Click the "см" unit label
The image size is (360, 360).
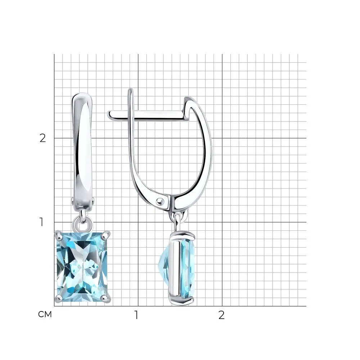tap(45, 314)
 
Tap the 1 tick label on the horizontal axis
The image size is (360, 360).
tap(136, 315)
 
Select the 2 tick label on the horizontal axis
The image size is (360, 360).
tap(221, 315)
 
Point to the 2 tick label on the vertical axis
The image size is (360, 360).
tap(43, 138)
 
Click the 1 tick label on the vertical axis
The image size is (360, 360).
tap(41, 222)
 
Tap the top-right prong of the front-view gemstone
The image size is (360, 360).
tap(106, 235)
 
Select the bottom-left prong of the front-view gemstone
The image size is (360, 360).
tap(59, 298)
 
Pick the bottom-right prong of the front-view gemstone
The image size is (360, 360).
tap(106, 298)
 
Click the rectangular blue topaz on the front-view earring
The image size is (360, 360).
tap(82, 267)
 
